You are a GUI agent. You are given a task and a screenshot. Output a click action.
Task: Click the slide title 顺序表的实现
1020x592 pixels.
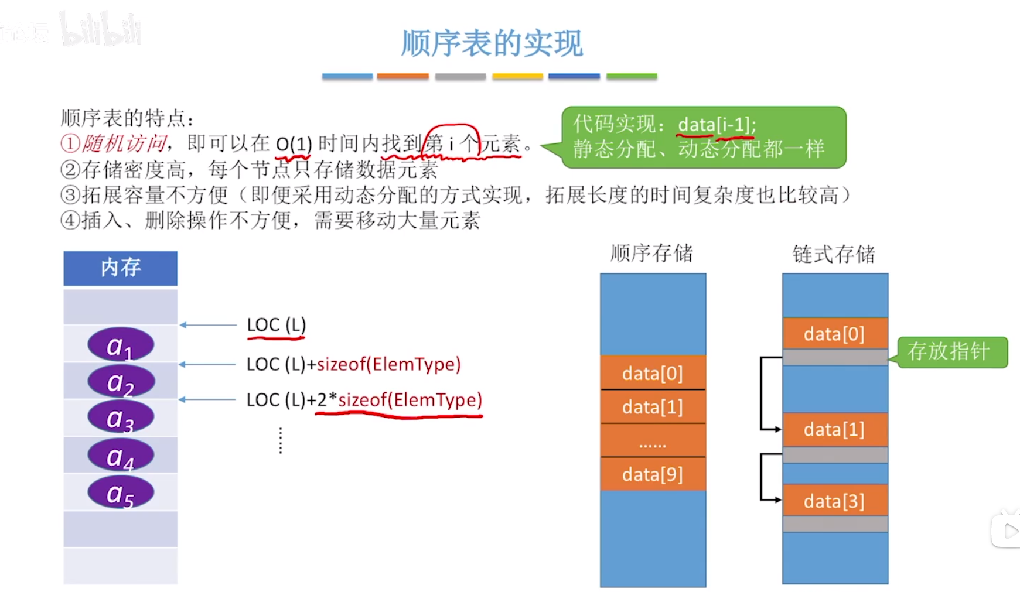click(x=492, y=43)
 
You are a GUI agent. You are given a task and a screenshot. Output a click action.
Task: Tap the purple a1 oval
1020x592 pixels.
click(x=121, y=345)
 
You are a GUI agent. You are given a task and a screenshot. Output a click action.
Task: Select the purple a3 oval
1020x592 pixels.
click(x=121, y=418)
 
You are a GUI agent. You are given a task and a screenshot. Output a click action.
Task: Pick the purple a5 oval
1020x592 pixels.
click(x=121, y=493)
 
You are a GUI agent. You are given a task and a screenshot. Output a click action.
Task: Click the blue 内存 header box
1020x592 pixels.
click(x=121, y=268)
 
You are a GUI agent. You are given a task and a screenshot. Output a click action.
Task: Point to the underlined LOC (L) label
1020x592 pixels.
click(x=276, y=325)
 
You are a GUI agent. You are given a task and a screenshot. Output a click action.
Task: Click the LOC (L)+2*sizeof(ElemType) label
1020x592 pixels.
click(x=364, y=400)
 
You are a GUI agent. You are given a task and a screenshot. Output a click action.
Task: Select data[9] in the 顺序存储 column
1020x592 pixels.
click(x=653, y=474)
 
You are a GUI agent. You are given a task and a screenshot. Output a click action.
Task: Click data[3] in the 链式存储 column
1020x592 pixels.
click(x=834, y=501)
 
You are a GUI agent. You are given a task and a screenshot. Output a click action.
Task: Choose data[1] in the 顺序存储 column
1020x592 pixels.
click(x=653, y=407)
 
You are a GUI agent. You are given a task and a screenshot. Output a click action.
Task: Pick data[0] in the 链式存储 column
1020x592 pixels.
click(x=834, y=334)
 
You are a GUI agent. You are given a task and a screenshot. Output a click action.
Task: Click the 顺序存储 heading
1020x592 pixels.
click(x=651, y=254)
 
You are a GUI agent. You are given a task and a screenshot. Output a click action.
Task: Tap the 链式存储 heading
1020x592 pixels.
click(x=834, y=254)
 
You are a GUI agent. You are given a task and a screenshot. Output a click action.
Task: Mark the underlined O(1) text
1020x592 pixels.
click(x=294, y=144)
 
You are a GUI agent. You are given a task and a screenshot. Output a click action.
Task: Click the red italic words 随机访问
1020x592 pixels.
click(x=124, y=143)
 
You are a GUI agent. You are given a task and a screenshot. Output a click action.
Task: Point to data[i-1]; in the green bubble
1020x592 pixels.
click(x=717, y=124)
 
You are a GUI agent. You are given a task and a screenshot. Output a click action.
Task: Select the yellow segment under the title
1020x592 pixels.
click(x=517, y=76)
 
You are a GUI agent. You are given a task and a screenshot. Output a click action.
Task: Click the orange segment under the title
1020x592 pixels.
click(x=402, y=76)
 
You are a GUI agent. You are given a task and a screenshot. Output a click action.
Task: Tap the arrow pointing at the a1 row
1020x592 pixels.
click(x=208, y=325)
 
